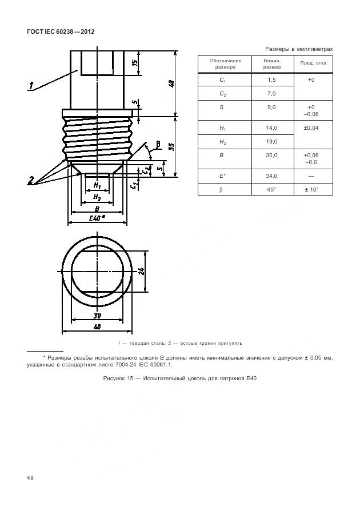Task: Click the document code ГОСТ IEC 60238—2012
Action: pos(60,31)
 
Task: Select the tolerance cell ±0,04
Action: pos(311,127)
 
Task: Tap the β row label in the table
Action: pos(224,189)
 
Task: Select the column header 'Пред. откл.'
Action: pos(311,63)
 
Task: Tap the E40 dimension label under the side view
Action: pos(97,219)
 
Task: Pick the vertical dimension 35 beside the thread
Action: pos(171,147)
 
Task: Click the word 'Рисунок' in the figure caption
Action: pos(115,379)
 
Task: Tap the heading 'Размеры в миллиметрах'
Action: pos(299,49)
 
